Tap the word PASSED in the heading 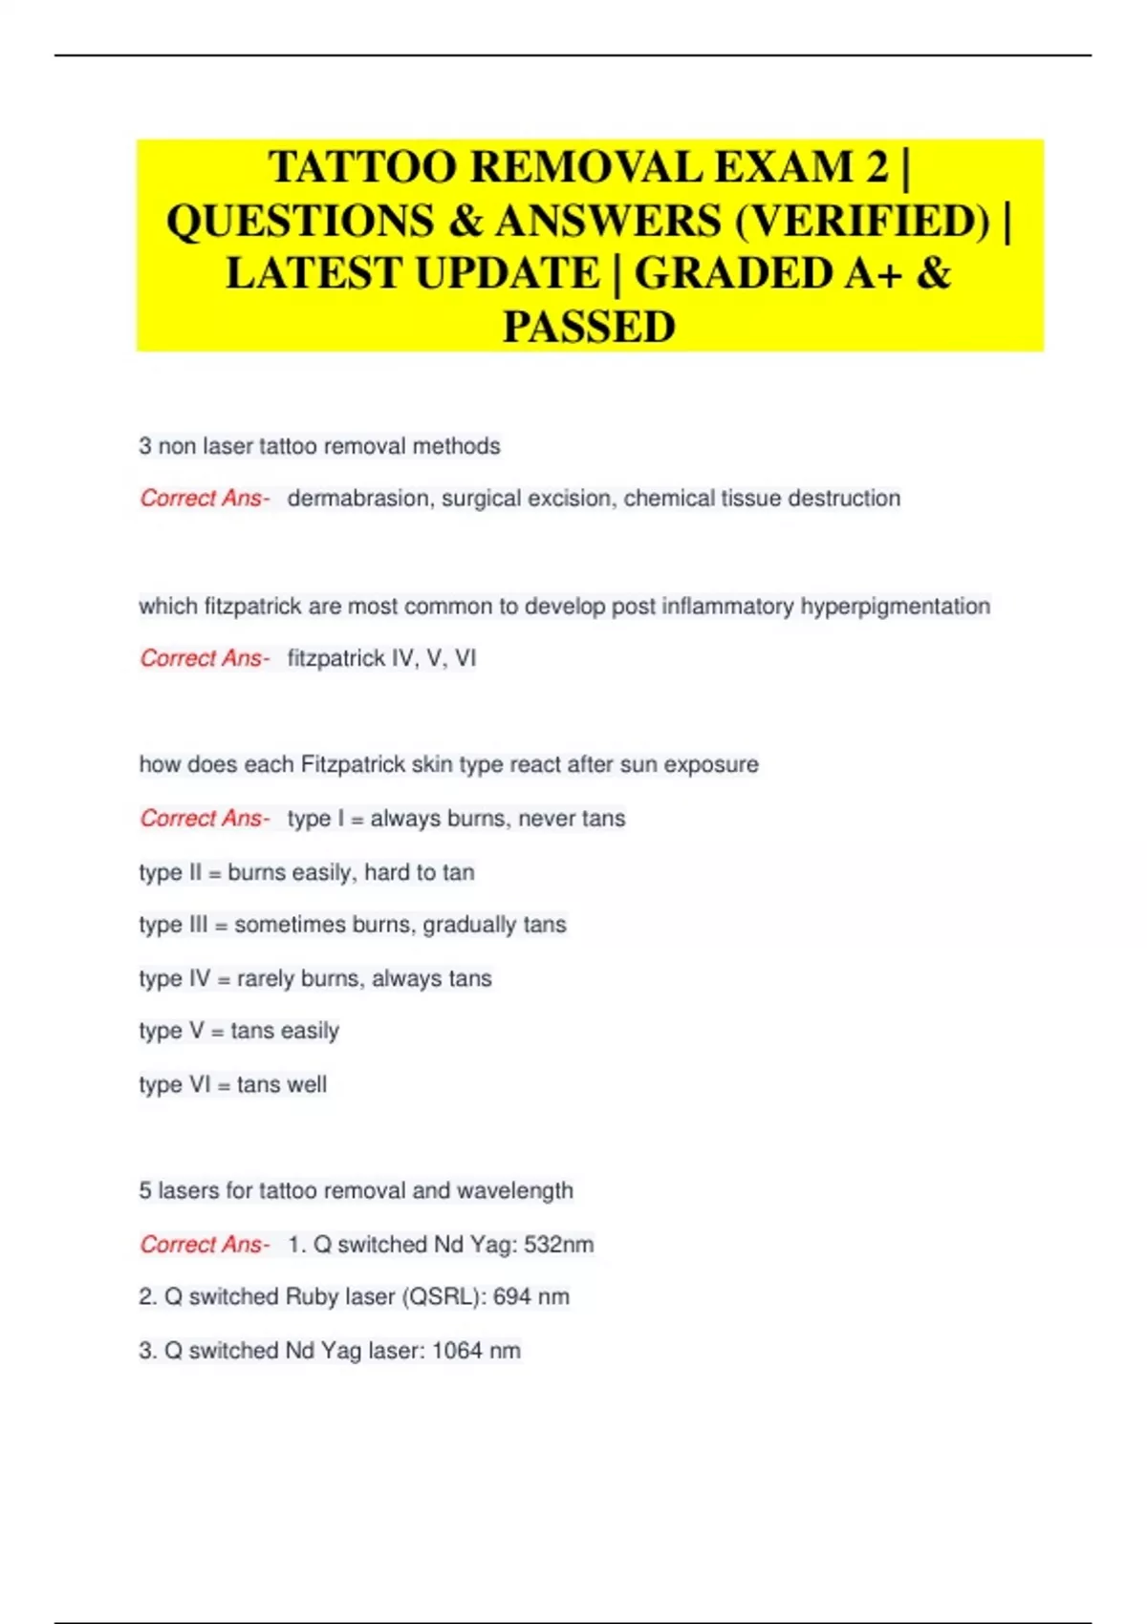pyautogui.click(x=589, y=327)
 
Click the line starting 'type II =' pyautogui.click(x=306, y=872)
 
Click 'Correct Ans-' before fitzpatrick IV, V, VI pyautogui.click(x=205, y=658)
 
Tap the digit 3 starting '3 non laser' pyautogui.click(x=145, y=446)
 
